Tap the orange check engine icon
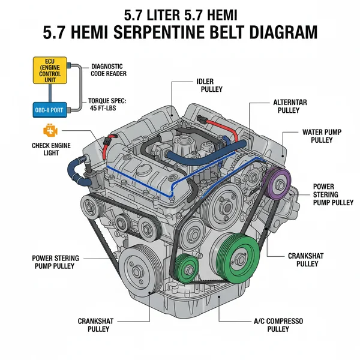pos(48,131)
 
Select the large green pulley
pos(238,257)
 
